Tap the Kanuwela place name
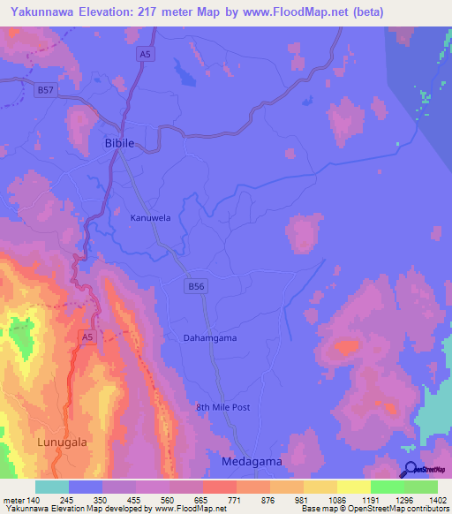[x=150, y=217]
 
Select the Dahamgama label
[x=210, y=337]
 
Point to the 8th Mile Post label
[x=224, y=407]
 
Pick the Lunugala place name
[x=62, y=442]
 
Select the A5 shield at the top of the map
[x=144, y=55]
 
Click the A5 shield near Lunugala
[x=87, y=336]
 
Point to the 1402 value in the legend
[x=438, y=500]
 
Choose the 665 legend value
[x=202, y=500]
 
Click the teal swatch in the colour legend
[x=52, y=487]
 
